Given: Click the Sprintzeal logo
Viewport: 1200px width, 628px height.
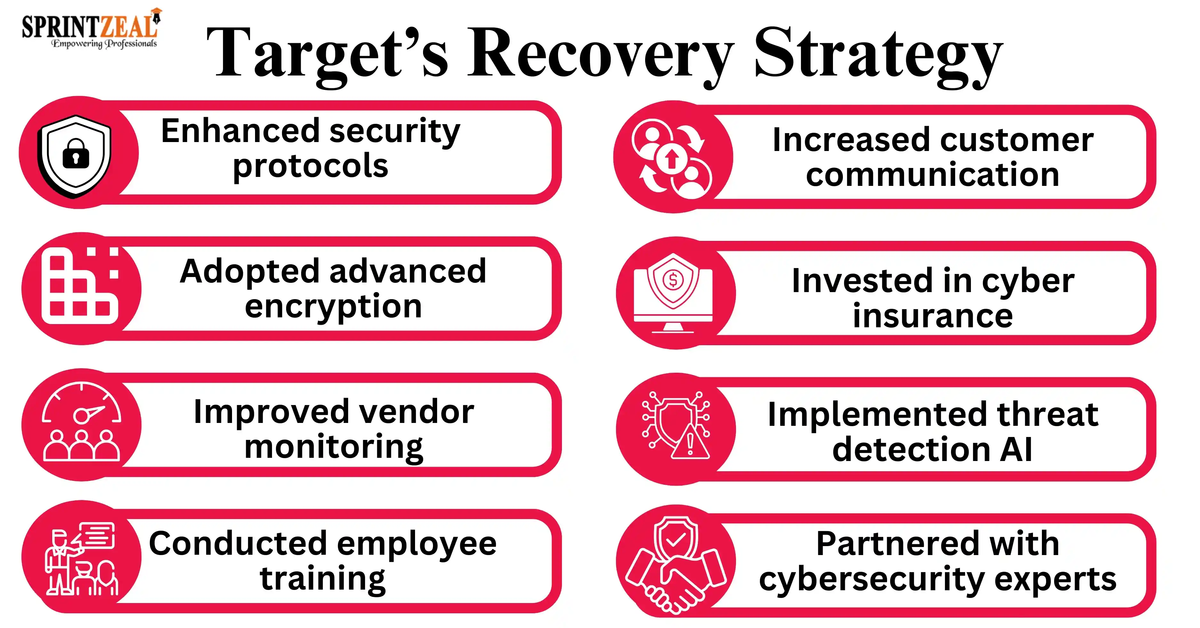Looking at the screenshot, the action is click(91, 28).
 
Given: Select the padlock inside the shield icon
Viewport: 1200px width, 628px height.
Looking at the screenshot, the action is click(76, 153).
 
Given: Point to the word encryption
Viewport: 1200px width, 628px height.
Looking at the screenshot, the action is click(333, 307).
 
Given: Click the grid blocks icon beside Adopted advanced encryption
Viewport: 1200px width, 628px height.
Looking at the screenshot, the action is click(80, 285).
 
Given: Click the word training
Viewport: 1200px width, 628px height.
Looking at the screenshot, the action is click(323, 579).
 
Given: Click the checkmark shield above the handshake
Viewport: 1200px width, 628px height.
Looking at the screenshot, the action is click(676, 539).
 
